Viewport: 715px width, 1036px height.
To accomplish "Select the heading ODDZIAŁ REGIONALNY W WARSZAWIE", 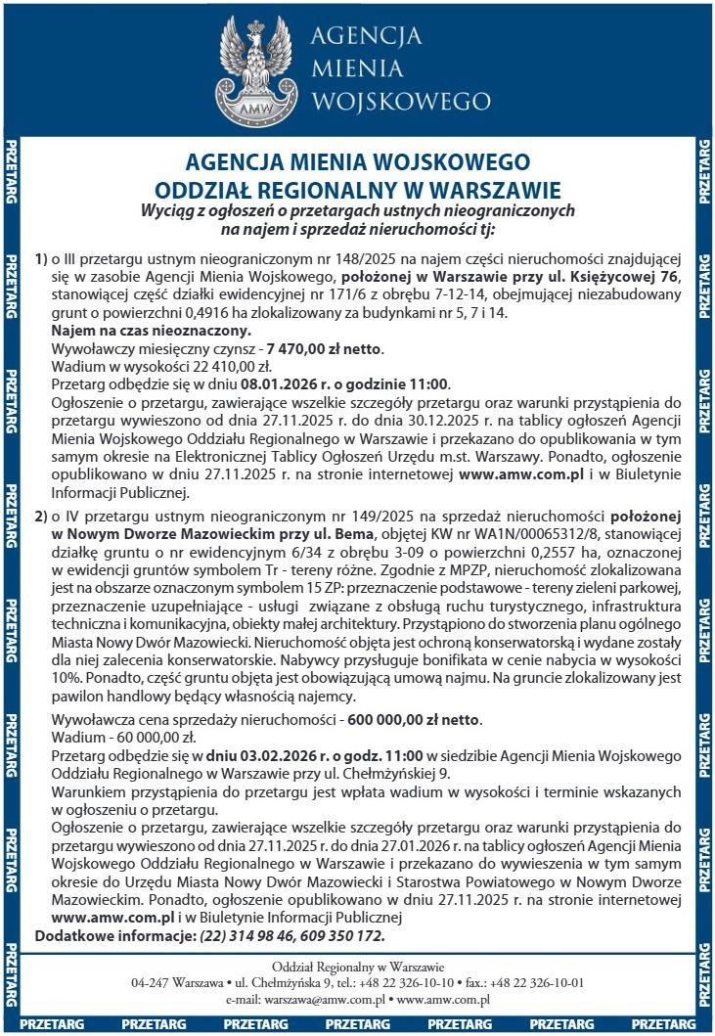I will coord(358,188).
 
